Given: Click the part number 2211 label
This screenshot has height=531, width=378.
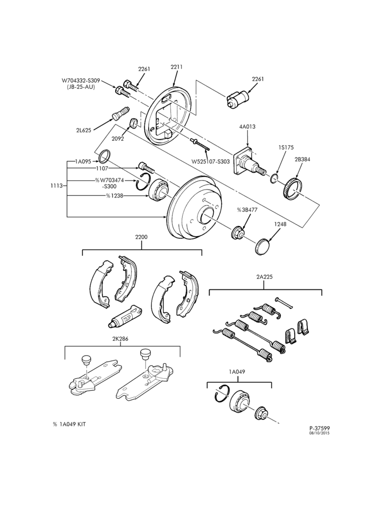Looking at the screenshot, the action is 176,67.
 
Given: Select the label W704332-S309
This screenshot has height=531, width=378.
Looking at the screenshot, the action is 81,81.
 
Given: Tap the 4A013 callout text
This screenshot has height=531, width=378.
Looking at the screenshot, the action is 247,127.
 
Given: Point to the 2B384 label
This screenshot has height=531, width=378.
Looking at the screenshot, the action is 302,159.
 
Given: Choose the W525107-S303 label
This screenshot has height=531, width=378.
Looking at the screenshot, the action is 211,161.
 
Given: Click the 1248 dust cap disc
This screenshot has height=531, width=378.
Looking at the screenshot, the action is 262,246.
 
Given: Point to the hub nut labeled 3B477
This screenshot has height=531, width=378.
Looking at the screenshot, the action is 237,233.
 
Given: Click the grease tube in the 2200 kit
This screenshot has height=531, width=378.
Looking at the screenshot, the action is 125,316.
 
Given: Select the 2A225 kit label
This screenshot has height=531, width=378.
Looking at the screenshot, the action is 264,277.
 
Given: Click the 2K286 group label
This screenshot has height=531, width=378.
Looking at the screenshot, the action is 122,338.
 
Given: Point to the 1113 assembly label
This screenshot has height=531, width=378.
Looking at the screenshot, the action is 56,185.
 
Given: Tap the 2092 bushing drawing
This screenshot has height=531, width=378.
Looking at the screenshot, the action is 133,123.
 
